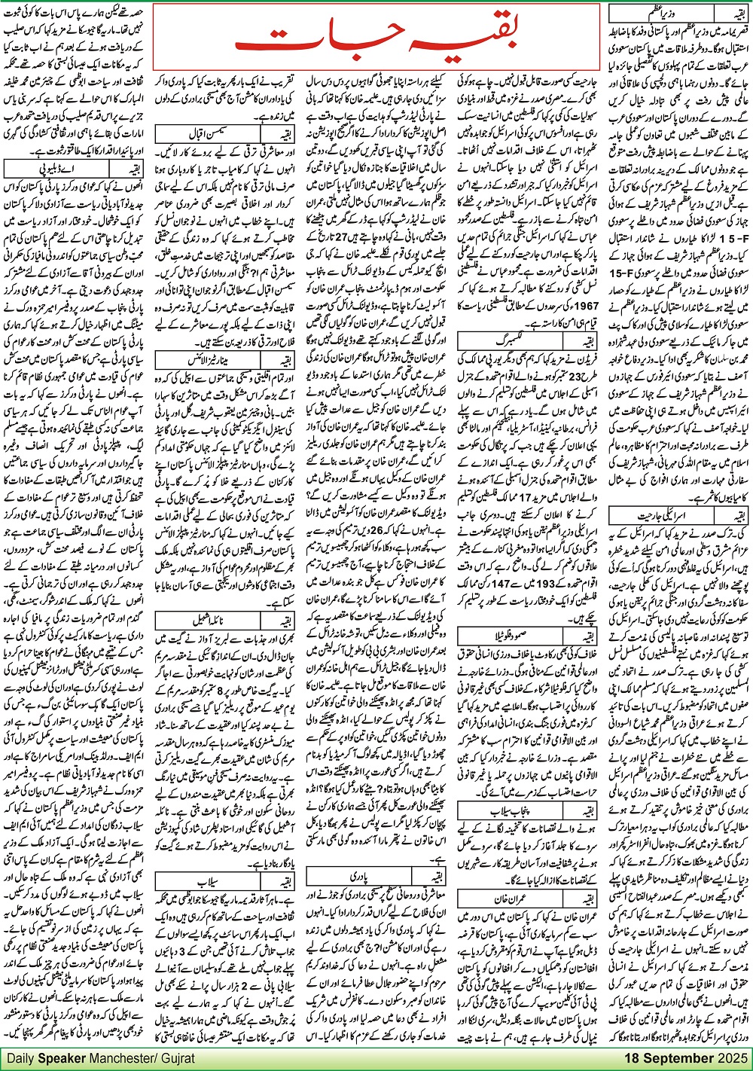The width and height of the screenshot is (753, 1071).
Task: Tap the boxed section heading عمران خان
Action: point(512,899)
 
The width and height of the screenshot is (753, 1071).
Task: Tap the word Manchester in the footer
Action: point(119,1059)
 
